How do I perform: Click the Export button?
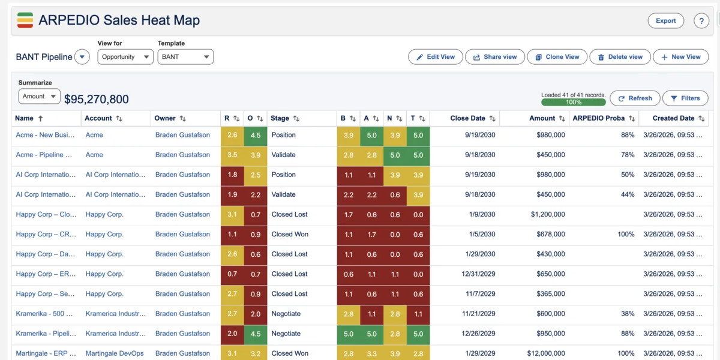click(x=665, y=20)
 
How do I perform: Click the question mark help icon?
click(x=701, y=21)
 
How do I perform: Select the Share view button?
click(x=494, y=57)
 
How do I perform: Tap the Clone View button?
click(x=557, y=57)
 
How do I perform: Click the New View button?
click(x=680, y=57)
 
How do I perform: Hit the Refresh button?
click(x=635, y=98)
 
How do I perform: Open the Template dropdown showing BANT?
click(x=185, y=57)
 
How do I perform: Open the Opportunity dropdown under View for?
click(x=125, y=57)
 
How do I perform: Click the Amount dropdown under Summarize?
click(x=39, y=96)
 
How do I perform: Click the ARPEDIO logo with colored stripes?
click(x=25, y=20)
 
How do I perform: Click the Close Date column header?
click(x=468, y=118)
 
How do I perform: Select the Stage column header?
click(x=280, y=118)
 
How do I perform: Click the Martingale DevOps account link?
click(x=115, y=353)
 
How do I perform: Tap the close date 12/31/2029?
click(x=478, y=274)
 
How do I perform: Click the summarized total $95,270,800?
click(x=97, y=100)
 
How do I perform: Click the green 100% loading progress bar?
click(x=573, y=103)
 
